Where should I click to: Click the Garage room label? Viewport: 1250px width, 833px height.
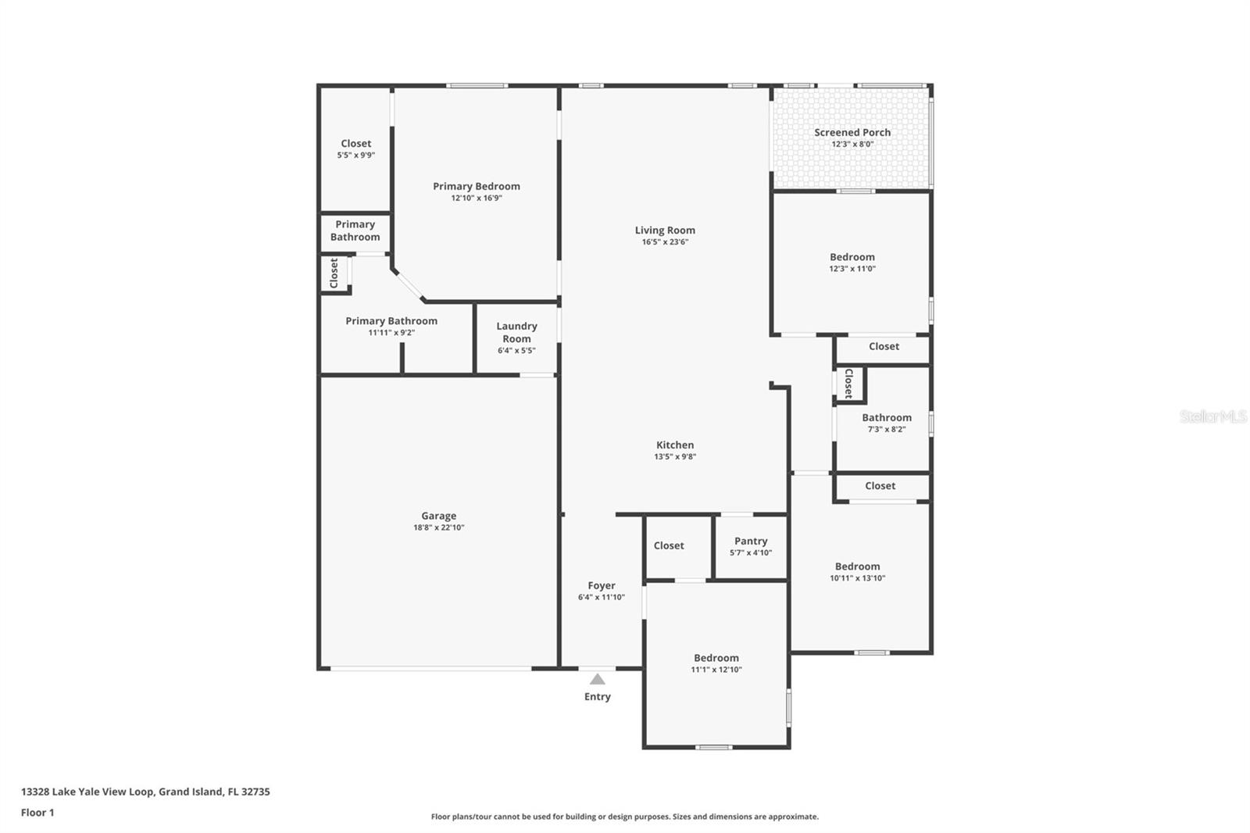(x=438, y=516)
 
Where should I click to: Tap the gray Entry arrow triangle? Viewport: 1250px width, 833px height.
(x=597, y=679)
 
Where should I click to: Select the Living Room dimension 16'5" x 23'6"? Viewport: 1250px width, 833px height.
(x=665, y=242)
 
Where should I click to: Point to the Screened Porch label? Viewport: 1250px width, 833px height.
(x=852, y=132)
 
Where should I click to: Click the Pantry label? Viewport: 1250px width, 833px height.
(x=751, y=541)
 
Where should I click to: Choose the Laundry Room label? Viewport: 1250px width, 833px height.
(x=516, y=332)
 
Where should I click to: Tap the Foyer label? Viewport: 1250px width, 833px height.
(x=602, y=585)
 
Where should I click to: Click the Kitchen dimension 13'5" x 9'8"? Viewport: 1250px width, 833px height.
(x=675, y=457)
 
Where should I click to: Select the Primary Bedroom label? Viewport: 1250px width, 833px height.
(x=477, y=186)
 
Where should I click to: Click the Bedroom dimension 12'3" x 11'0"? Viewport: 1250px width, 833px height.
(x=852, y=269)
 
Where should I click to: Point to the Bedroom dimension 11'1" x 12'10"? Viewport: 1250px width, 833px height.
(x=716, y=670)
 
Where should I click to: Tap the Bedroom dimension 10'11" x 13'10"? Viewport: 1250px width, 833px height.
(x=857, y=578)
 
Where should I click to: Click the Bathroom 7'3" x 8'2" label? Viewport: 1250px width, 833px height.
(x=887, y=417)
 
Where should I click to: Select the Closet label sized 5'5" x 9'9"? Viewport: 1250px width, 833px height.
(x=356, y=143)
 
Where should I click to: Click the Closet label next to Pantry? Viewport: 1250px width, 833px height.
(x=669, y=545)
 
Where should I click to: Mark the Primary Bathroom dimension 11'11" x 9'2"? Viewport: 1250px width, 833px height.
(x=391, y=333)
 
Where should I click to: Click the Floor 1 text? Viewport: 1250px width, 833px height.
(x=37, y=813)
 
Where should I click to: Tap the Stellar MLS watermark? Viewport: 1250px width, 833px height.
(x=1212, y=417)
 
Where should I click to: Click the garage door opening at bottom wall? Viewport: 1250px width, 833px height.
(x=430, y=668)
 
